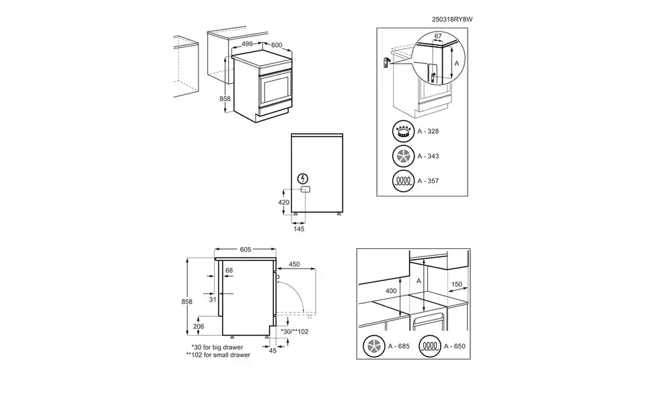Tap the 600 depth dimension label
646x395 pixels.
point(277,46)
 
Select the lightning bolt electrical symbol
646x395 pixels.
point(303,179)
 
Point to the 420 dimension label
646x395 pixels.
point(283,202)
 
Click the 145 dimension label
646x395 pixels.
point(299,229)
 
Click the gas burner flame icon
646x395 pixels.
point(403,132)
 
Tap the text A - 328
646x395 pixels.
point(428,133)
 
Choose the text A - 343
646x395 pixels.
point(428,157)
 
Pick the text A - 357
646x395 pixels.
point(428,182)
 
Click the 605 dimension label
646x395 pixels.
point(245,250)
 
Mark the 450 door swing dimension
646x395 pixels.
point(295,264)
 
